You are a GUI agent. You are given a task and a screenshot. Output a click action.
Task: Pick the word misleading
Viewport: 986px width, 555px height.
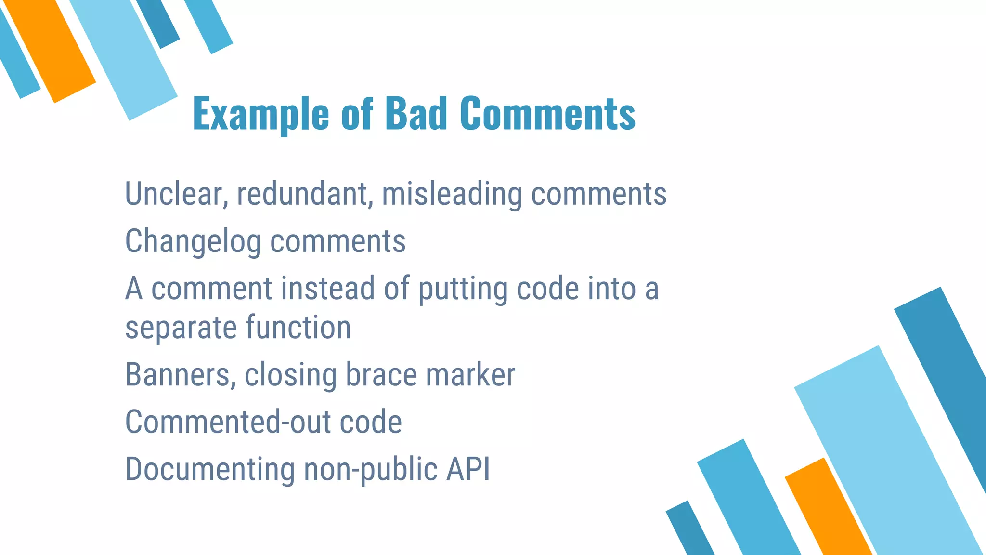[x=452, y=194]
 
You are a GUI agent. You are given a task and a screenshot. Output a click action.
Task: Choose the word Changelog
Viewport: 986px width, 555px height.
[x=193, y=241]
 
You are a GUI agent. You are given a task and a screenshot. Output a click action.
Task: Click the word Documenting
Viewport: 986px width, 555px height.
[x=210, y=469]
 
